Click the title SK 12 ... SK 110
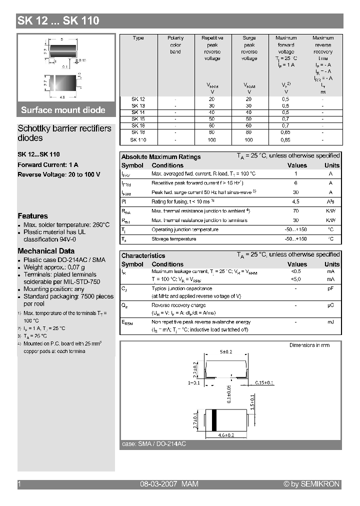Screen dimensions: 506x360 click(x=58, y=20)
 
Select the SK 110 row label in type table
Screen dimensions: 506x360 click(x=138, y=140)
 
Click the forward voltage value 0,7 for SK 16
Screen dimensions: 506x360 click(x=285, y=126)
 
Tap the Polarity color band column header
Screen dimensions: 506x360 click(x=175, y=44)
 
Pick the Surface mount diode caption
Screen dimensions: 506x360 click(x=63, y=110)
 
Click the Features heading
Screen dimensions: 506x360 click(x=32, y=216)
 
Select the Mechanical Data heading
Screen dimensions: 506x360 click(x=46, y=251)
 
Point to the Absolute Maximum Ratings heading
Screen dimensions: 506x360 click(x=161, y=157)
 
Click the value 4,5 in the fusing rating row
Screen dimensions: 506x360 click(x=295, y=201)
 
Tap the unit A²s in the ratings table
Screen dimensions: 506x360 click(x=330, y=201)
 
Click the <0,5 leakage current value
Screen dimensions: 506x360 click(x=295, y=271)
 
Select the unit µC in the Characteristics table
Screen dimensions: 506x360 click(x=330, y=305)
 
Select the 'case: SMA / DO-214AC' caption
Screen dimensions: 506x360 click(x=154, y=444)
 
